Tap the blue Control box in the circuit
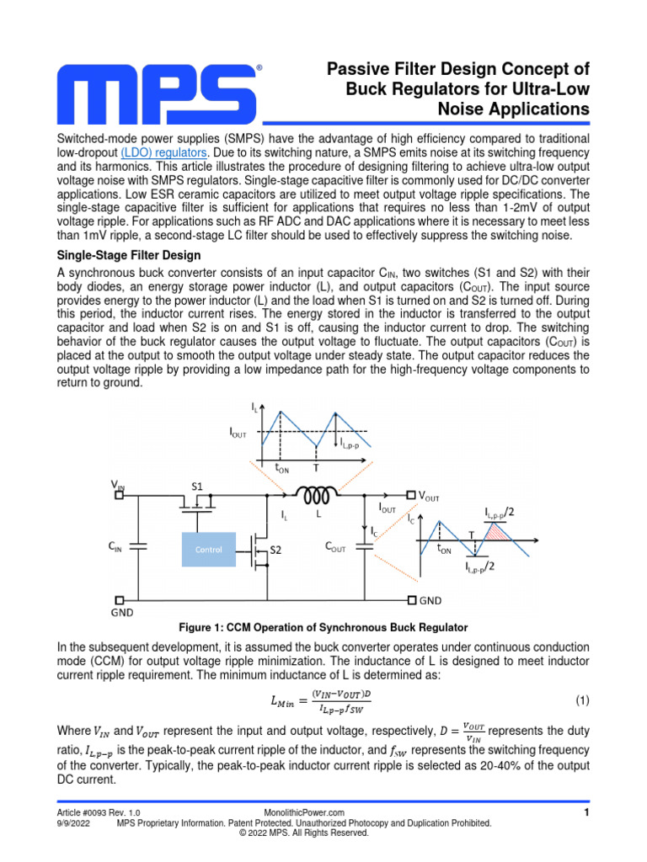tap(209, 549)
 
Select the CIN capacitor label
tap(115, 547)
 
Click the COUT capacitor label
tap(335, 547)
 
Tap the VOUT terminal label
tap(428, 497)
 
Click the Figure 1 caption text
tap(323, 628)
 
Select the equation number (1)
tap(581, 700)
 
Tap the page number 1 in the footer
tap(586, 811)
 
